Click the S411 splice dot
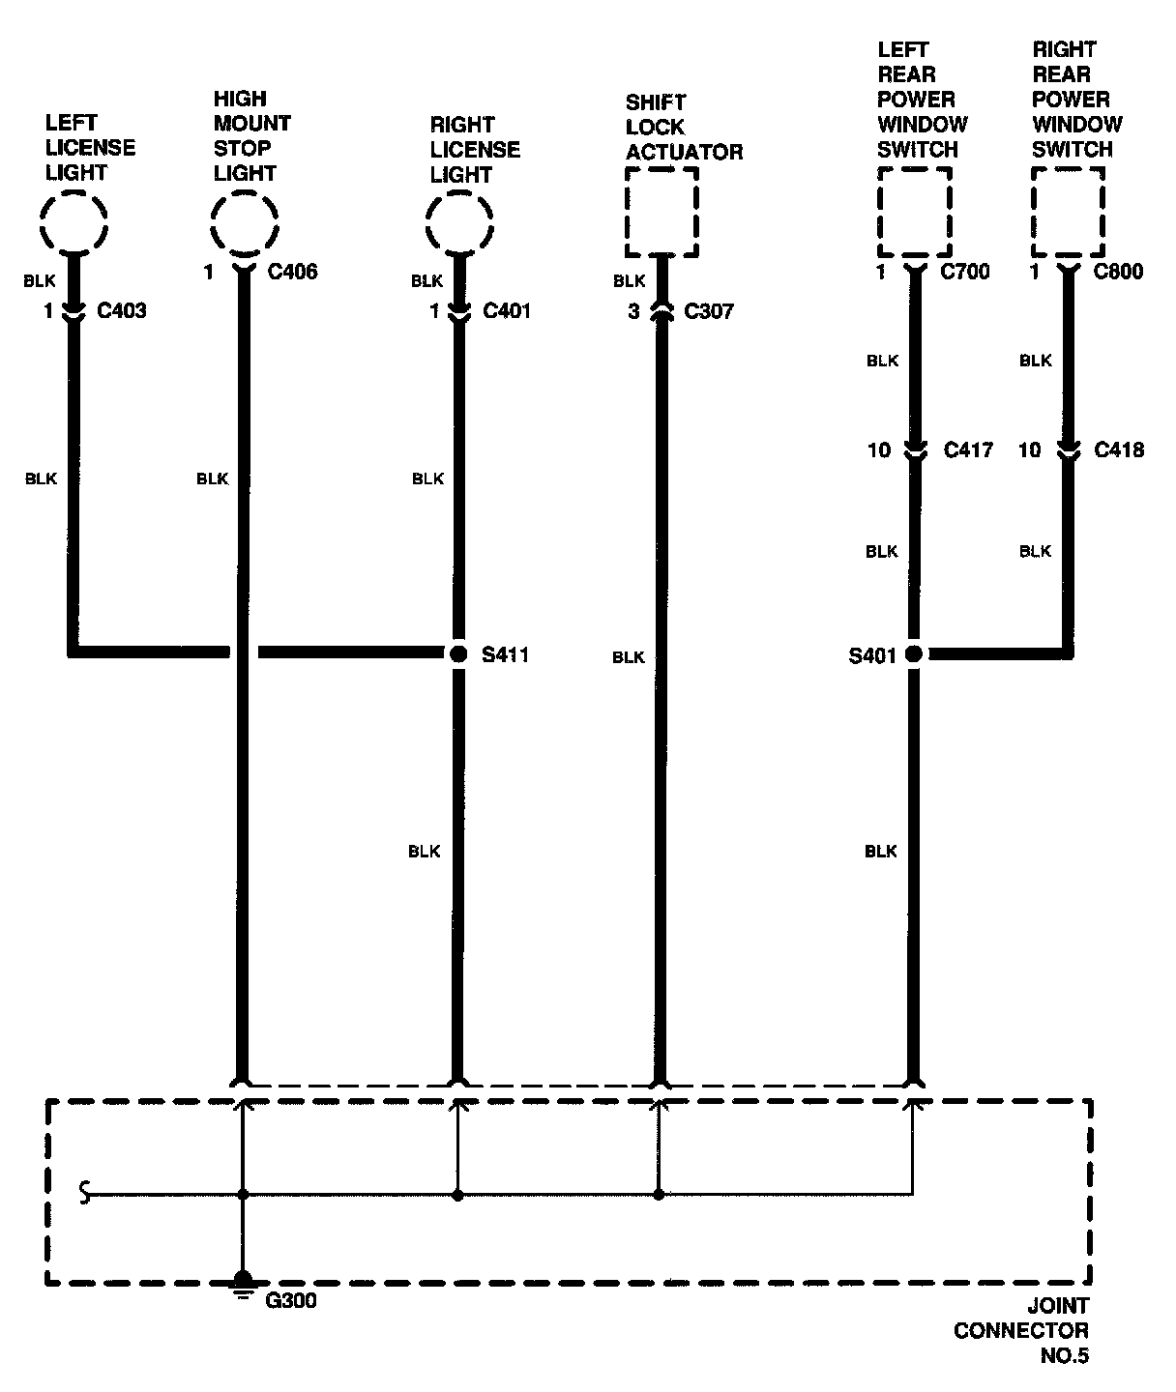[x=458, y=654]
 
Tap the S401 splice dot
[x=913, y=654]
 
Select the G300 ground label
[x=291, y=1301]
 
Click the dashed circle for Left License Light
[x=73, y=222]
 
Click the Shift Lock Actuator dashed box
[x=661, y=212]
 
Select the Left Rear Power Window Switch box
[x=914, y=212]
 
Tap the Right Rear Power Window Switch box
[x=1068, y=212]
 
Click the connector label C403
[x=121, y=311]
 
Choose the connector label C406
[x=292, y=273]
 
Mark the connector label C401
[x=507, y=311]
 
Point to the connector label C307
[x=709, y=311]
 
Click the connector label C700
[x=965, y=273]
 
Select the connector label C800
[x=1118, y=273]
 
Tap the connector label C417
[x=968, y=450]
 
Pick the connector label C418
[x=1119, y=450]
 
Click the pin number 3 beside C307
[x=633, y=311]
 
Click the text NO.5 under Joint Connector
[x=1064, y=1356]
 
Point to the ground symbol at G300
[x=243, y=1285]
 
